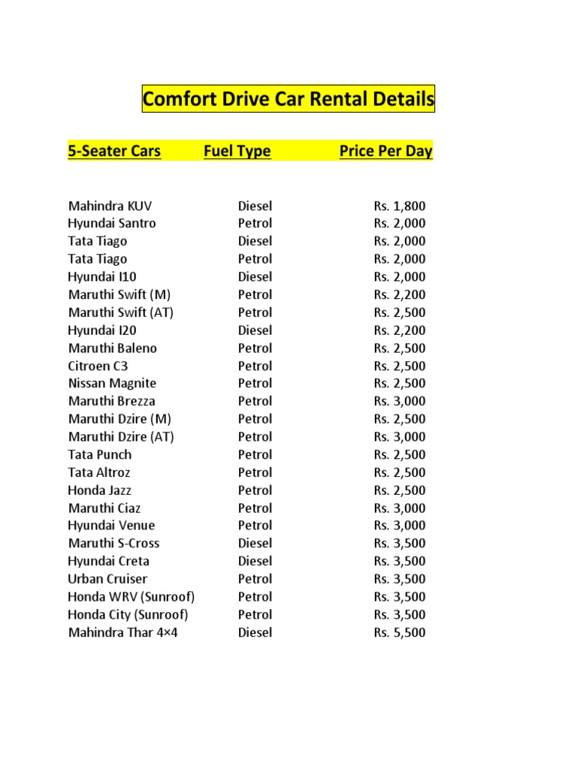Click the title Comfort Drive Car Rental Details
click(288, 99)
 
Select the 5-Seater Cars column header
click(114, 151)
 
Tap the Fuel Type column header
click(237, 151)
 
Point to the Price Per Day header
click(385, 151)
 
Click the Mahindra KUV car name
click(110, 206)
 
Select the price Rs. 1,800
click(399, 206)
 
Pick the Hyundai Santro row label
click(112, 223)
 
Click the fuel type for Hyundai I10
click(255, 276)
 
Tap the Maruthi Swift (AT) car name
click(121, 312)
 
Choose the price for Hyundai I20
click(399, 330)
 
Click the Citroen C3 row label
click(98, 366)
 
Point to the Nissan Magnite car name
click(113, 383)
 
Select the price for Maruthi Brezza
click(399, 401)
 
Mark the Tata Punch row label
click(100, 454)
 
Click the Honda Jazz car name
click(100, 490)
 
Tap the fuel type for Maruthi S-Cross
click(255, 543)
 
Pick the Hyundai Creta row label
click(109, 561)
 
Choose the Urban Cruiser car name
click(108, 579)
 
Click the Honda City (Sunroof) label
click(128, 614)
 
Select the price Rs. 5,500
click(399, 632)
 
